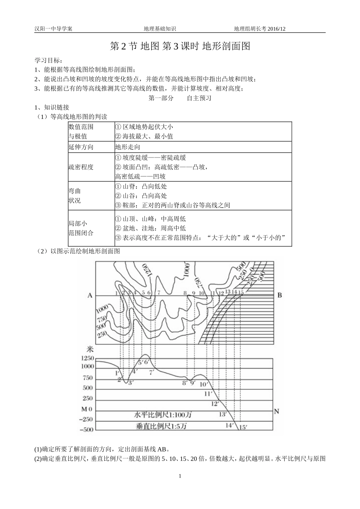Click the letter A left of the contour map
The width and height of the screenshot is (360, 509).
click(90, 295)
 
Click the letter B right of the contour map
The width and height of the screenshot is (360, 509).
click(280, 295)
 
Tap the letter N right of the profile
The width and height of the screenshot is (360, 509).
click(277, 411)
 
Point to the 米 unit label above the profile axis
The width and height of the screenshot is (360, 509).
click(90, 349)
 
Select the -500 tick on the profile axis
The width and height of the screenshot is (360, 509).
click(87, 430)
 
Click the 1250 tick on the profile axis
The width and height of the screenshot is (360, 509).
click(87, 358)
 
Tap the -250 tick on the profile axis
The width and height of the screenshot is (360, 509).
click(87, 419)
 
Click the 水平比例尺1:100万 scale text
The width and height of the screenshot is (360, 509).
click(163, 415)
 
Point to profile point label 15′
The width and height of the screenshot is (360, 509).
click(243, 428)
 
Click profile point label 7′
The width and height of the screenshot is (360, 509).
click(152, 372)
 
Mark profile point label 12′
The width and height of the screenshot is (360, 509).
click(215, 404)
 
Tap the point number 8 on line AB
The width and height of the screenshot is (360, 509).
click(185, 293)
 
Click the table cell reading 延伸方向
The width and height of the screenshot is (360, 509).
click(81, 147)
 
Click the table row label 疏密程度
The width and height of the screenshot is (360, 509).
click(81, 167)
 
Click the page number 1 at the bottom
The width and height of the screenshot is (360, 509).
click(180, 476)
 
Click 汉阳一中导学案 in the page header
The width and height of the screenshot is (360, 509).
click(53, 28)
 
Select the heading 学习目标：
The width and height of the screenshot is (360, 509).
click(49, 61)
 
